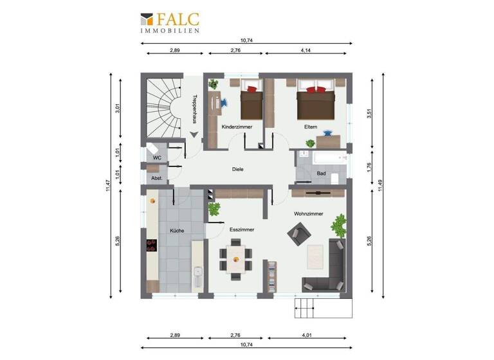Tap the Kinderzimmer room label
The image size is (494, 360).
(236, 127)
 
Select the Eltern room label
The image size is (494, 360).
(311, 127)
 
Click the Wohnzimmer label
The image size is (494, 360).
(308, 213)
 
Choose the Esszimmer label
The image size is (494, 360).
(242, 229)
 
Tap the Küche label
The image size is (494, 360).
(177, 230)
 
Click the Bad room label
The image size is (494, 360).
(322, 174)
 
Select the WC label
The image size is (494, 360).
(156, 157)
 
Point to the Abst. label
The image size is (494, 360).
(156, 177)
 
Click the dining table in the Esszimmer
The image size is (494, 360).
(236, 259)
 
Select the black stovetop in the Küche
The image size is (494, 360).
(152, 245)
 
